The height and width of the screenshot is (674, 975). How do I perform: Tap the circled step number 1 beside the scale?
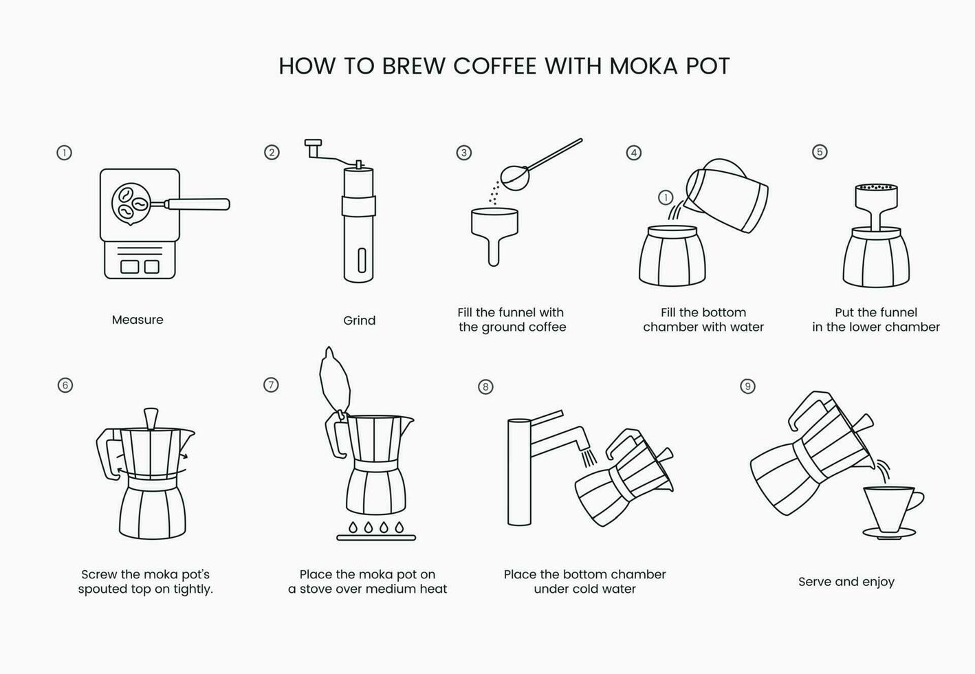[64, 153]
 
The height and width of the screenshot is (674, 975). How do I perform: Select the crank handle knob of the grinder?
[313, 144]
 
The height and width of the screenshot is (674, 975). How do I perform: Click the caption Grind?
[359, 320]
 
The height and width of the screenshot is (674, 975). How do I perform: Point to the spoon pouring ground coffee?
[517, 175]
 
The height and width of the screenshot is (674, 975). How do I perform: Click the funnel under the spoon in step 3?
[494, 227]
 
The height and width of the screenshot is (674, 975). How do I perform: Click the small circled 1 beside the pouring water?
[665, 198]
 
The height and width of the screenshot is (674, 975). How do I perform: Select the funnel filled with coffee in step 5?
[876, 198]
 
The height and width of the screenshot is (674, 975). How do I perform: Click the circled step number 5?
[820, 152]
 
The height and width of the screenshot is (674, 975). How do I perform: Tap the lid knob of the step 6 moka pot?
[151, 417]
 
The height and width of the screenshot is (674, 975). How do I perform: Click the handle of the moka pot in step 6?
[107, 454]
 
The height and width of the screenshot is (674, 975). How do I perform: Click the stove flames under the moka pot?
[376, 528]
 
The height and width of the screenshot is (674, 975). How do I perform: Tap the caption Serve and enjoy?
[846, 582]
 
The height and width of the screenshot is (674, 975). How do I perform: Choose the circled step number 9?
[747, 387]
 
